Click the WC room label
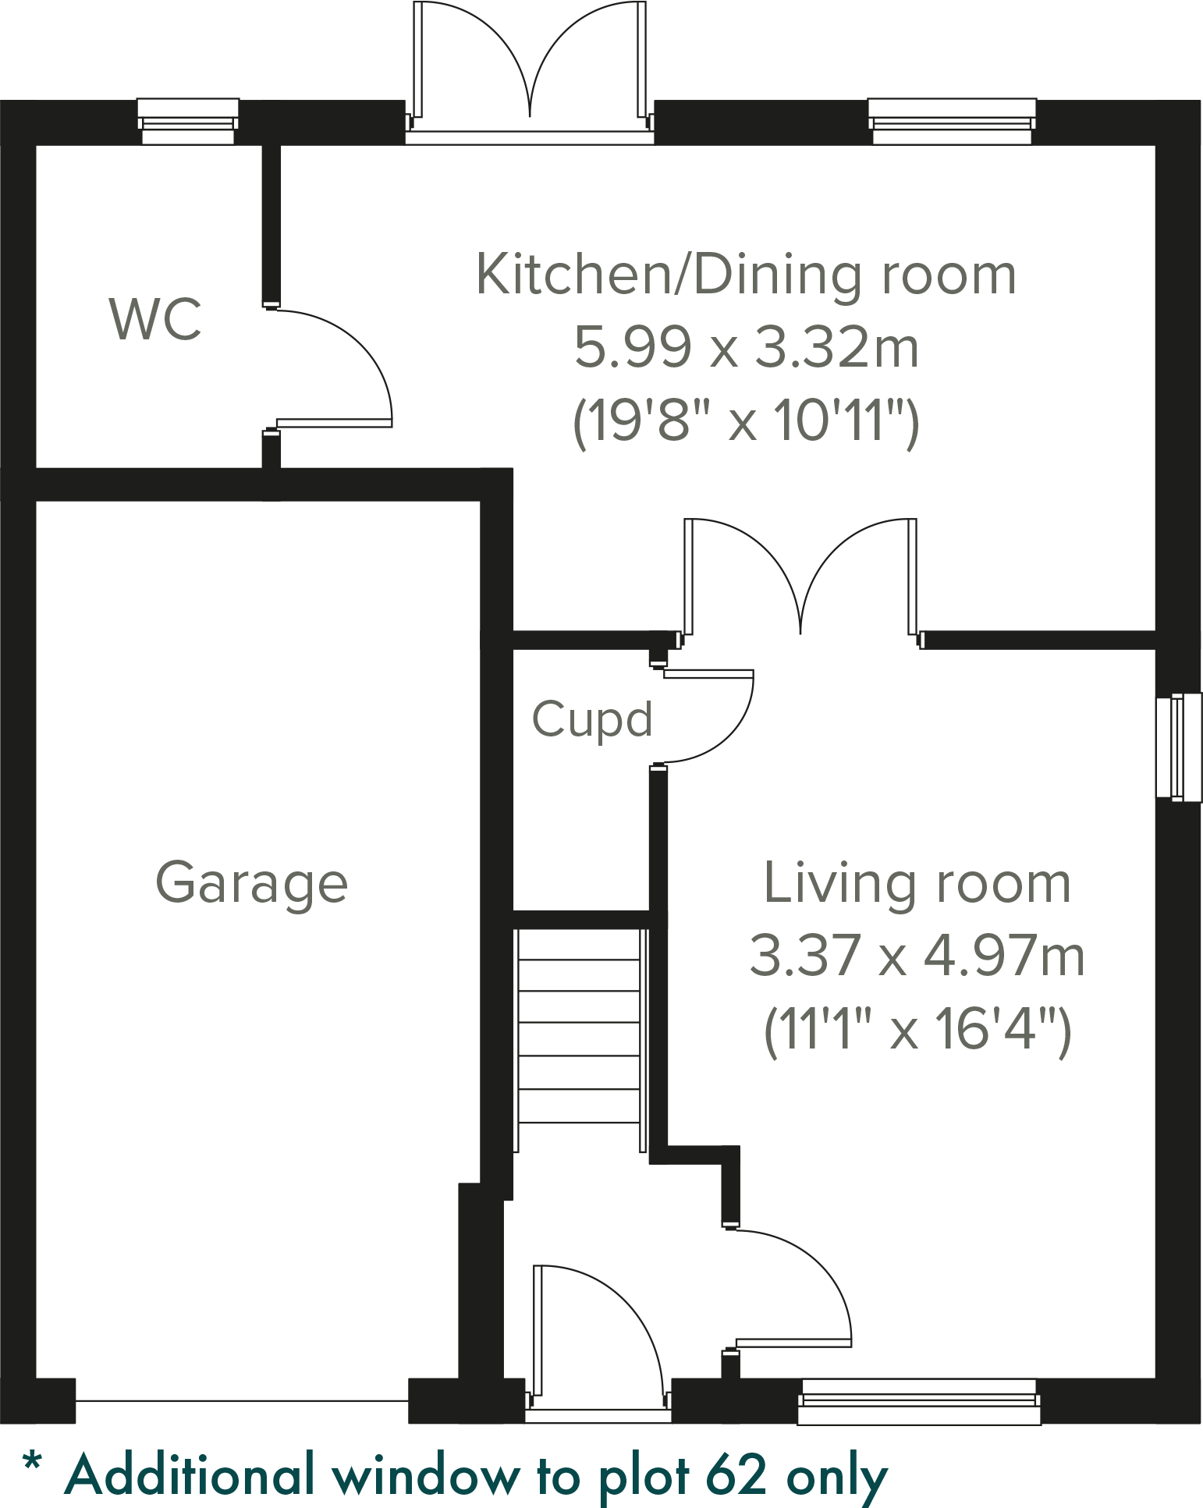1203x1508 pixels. coord(155,319)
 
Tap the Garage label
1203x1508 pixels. coord(251,882)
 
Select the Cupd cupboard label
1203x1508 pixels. coord(591,719)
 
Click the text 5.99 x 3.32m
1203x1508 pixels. coord(747,348)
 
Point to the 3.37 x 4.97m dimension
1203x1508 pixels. coord(917,956)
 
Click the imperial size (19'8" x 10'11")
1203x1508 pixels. coord(747,421)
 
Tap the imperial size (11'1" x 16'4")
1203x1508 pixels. coord(917,1030)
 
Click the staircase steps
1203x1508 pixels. coord(579,1038)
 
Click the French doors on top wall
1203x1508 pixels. coord(530,70)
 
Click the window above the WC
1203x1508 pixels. coord(188,122)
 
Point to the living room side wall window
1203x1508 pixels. coord(1178,747)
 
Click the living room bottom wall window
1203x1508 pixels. coord(919,1402)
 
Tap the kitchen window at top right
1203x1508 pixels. coord(952,122)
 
